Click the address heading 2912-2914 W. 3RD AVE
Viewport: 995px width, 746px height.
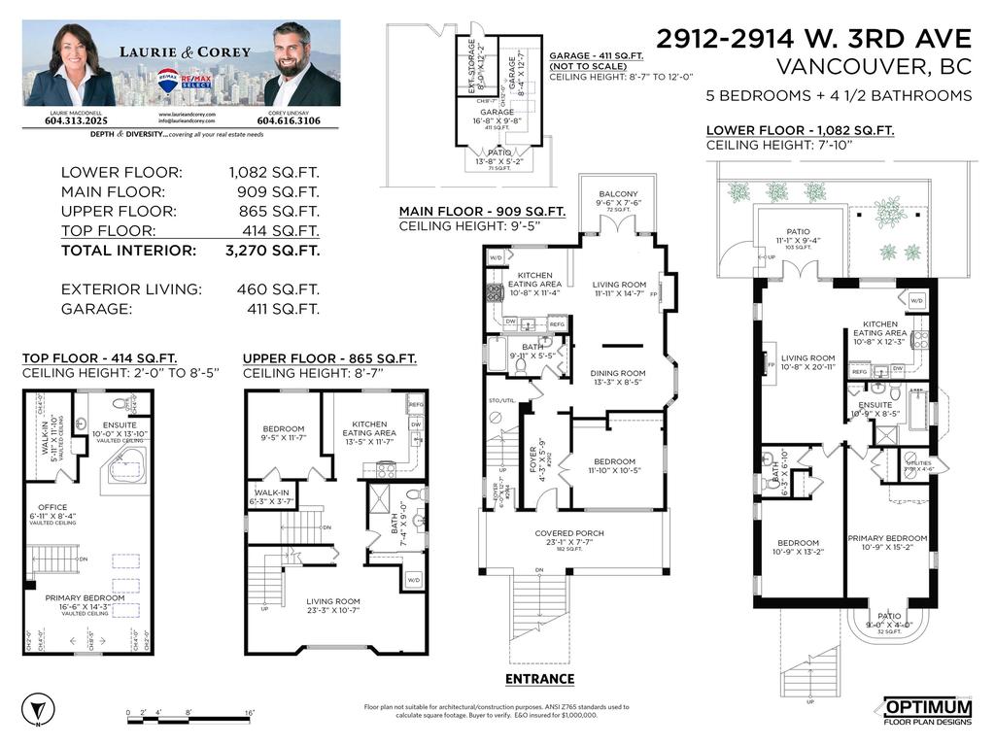[x=813, y=39]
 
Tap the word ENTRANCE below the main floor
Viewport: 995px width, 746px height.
[x=539, y=679]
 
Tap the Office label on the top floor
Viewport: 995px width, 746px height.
[x=52, y=507]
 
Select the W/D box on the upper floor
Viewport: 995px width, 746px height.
[x=415, y=580]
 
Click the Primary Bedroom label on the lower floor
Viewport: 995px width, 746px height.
[x=887, y=538]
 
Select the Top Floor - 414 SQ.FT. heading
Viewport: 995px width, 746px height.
[x=99, y=358]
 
